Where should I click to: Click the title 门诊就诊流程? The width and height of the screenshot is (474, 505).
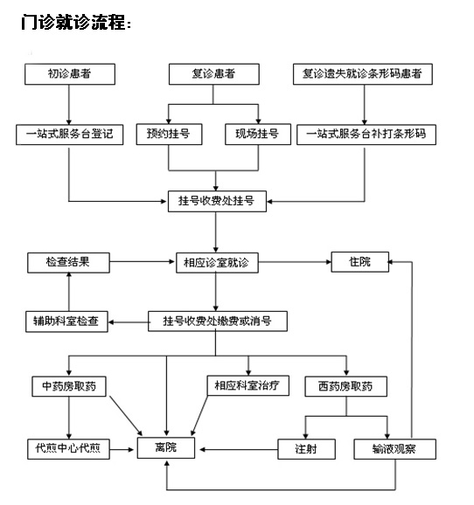tap(76, 22)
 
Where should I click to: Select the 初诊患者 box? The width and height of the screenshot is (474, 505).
tap(70, 74)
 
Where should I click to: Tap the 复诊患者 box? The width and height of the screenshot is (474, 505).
tap(214, 74)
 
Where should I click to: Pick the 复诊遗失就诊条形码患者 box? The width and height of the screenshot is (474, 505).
tap(363, 74)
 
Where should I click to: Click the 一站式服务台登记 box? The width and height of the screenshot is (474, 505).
tap(70, 135)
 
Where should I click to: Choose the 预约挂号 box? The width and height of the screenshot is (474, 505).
tap(170, 135)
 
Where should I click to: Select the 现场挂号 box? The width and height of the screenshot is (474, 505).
tap(258, 135)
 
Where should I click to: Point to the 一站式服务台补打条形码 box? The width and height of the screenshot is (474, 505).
tap(366, 135)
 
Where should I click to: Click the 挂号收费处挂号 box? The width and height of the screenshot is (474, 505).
tap(218, 201)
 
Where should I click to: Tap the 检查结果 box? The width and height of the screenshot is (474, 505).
tap(69, 263)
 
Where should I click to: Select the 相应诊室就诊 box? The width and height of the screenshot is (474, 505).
tap(218, 263)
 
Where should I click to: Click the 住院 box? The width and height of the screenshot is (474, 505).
tap(360, 262)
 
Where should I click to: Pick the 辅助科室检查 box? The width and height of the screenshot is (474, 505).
tap(66, 322)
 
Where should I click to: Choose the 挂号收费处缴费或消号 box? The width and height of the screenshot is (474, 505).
tap(218, 322)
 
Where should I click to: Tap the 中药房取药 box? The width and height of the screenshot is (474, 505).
tap(69, 386)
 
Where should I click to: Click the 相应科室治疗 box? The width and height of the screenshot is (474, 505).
tap(248, 385)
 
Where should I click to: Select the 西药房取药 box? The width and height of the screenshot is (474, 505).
tap(346, 386)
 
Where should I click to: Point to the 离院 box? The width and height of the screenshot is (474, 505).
tap(166, 448)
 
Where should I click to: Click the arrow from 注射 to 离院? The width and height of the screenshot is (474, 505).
tap(239, 450)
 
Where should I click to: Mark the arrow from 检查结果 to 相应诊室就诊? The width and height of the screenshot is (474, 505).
tap(143, 261)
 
